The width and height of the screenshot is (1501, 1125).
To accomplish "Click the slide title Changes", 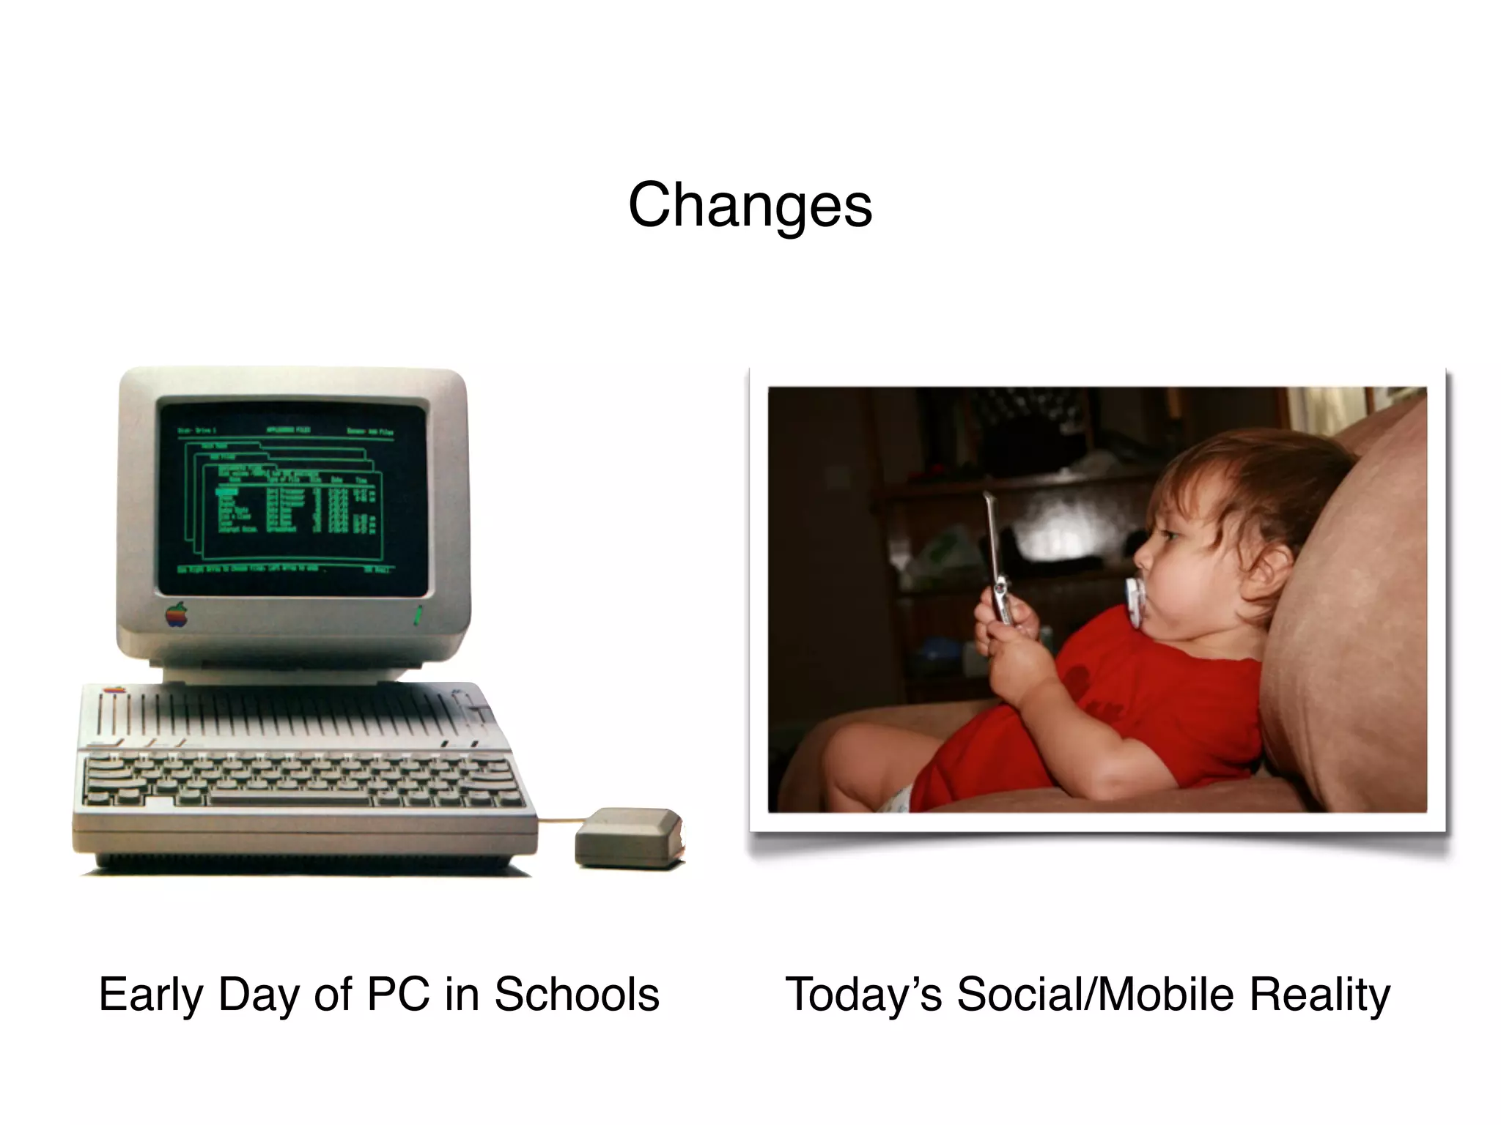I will (x=750, y=206).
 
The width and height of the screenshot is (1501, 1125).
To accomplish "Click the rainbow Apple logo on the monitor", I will (x=177, y=615).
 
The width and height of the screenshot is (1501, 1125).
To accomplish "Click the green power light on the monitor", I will (x=418, y=615).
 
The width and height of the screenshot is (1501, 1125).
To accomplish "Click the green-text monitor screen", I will (x=292, y=498).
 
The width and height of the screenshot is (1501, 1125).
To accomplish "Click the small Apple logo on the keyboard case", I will (x=114, y=690).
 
